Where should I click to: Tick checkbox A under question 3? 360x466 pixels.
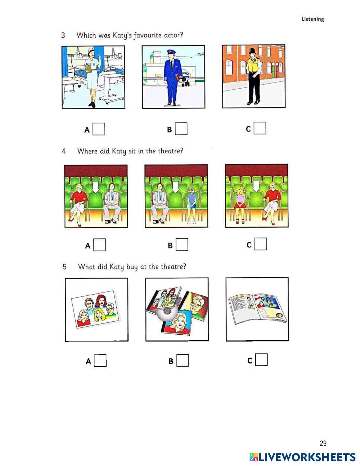coord(99,129)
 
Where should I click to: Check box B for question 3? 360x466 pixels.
coord(181,129)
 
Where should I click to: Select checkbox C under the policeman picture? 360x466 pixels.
coord(260,128)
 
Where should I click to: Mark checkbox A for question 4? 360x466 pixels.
coord(100,245)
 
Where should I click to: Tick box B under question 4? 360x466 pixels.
coord(182,245)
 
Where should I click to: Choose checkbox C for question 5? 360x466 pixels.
coord(262,360)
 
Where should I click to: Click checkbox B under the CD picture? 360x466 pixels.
coord(183,360)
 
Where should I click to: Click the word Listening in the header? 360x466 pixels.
coord(312,19)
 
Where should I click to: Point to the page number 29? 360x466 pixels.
coord(323,443)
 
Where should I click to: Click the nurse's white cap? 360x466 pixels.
coord(90,50)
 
